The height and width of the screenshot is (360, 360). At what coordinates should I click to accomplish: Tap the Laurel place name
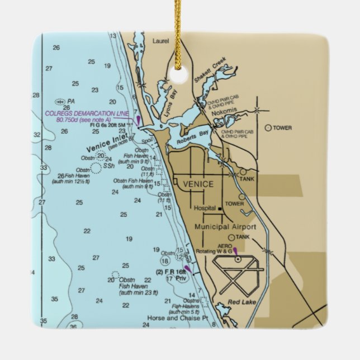pyautogui.click(x=160, y=41)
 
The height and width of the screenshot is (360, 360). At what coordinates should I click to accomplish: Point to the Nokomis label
pyautogui.click(x=225, y=111)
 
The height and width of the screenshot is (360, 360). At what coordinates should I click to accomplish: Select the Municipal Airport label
pyautogui.click(x=225, y=227)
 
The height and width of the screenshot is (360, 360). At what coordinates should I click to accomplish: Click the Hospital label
pyautogui.click(x=205, y=209)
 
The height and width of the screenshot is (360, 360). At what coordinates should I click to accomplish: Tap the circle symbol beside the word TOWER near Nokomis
pyautogui.click(x=268, y=128)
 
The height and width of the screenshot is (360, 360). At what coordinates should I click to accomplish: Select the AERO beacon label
pyautogui.click(x=225, y=245)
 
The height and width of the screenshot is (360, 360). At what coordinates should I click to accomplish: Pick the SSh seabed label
pyautogui.click(x=109, y=166)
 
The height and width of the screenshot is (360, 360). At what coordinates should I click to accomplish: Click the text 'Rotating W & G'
pyautogui.click(x=214, y=252)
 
